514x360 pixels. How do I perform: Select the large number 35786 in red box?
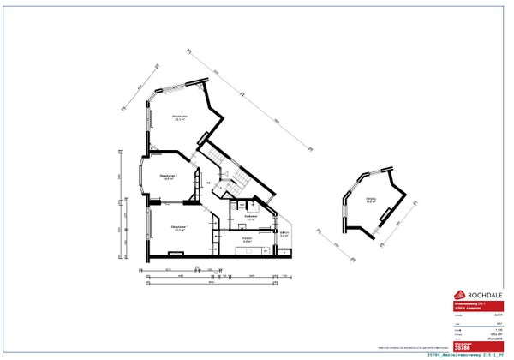tap(463, 347)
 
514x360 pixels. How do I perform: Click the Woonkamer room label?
tap(180, 117)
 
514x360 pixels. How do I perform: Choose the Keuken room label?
tap(247, 239)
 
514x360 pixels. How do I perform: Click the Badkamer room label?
tap(249, 218)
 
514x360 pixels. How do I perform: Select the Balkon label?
tap(284, 233)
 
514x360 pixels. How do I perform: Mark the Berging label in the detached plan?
tap(371, 201)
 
